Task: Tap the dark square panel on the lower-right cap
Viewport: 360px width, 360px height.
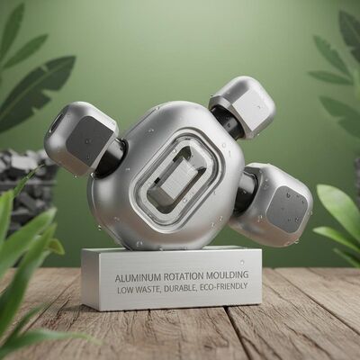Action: pos(286,209)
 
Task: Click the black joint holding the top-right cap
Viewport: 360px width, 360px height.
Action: pos(225,125)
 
